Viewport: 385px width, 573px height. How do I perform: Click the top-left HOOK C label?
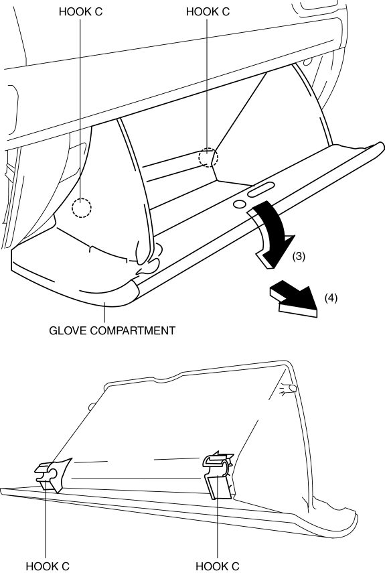(x=80, y=11)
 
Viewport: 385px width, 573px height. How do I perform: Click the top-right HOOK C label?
(x=208, y=11)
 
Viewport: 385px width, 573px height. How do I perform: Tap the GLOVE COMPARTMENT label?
(x=112, y=330)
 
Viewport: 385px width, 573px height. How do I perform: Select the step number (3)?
(x=299, y=256)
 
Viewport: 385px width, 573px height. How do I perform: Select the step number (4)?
(x=331, y=298)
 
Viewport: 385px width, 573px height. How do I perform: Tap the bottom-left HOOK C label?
(x=48, y=566)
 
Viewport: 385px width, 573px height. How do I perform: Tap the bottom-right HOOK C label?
(x=218, y=566)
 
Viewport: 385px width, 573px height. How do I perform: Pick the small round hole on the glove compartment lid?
(x=240, y=204)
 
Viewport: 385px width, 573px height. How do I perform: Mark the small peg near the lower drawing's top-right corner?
(x=290, y=388)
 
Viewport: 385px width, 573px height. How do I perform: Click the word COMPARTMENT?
(x=133, y=330)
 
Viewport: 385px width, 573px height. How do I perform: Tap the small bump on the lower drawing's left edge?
(x=92, y=405)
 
